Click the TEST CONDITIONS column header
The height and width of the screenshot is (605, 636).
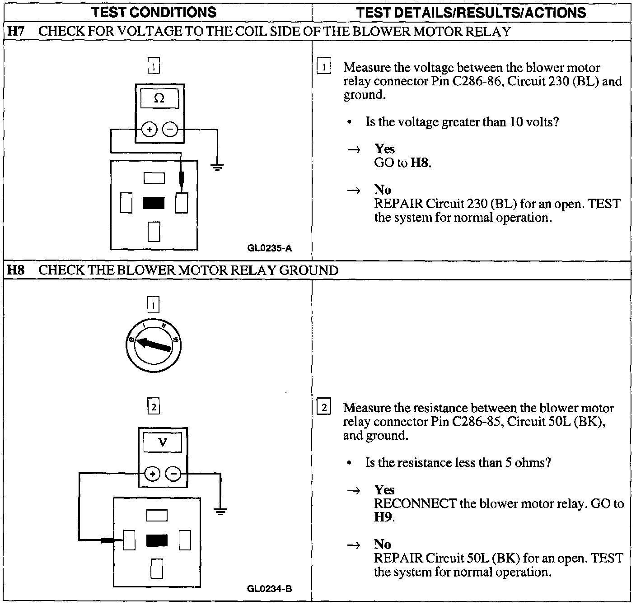click(x=154, y=12)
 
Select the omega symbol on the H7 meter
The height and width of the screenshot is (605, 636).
click(x=159, y=98)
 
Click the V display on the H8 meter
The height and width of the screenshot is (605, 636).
click(x=163, y=442)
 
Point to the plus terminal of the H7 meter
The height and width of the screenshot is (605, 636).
click(x=150, y=130)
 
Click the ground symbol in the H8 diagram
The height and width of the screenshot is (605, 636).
click(x=220, y=512)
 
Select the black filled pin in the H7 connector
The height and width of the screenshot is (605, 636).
click(x=154, y=204)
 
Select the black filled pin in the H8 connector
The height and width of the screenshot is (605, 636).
click(x=157, y=540)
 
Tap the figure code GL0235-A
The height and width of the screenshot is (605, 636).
click(x=270, y=248)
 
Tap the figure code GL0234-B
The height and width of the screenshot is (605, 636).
click(x=270, y=589)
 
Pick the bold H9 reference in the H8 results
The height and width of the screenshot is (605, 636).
click(x=383, y=517)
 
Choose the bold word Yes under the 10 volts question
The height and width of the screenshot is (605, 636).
click(x=384, y=149)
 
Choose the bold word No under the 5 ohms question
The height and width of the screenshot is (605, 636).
click(x=382, y=544)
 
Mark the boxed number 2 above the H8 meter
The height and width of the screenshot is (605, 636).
click(x=154, y=407)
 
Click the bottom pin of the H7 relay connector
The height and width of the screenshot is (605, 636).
click(x=154, y=232)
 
